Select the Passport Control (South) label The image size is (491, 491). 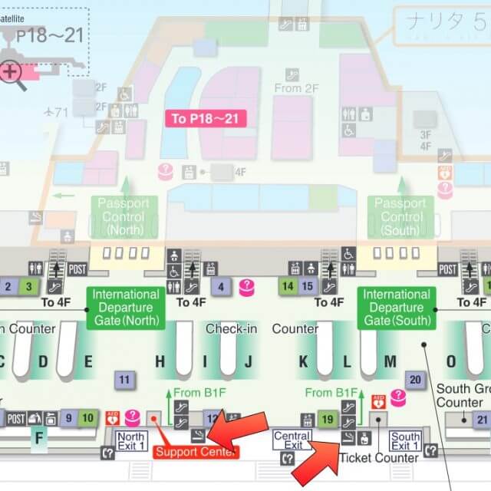click(400, 216)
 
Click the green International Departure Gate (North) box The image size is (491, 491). click(127, 307)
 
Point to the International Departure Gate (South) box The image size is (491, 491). click(397, 307)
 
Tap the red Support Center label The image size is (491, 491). click(196, 452)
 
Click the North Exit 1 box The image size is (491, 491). click(131, 440)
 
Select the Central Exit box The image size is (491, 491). click(292, 440)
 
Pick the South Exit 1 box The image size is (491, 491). click(405, 440)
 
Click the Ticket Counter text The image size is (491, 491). click(379, 458)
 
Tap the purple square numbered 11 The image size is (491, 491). click(124, 378)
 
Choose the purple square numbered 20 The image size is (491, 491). click(416, 379)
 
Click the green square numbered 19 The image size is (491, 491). click(328, 419)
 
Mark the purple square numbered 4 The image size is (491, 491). click(221, 288)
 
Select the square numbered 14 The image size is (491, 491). click(288, 287)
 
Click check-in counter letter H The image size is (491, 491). click(160, 361)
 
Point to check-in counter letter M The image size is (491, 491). click(390, 361)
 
